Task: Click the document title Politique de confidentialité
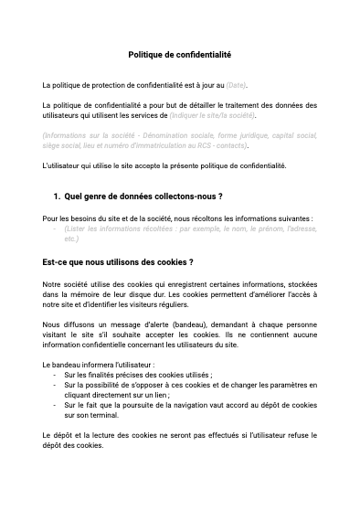[x=179, y=55]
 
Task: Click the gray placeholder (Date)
[x=236, y=85]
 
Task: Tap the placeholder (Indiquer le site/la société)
[x=213, y=116]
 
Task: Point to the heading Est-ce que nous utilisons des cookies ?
[x=118, y=262]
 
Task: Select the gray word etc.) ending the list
[x=71, y=239]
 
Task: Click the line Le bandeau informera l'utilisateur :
[x=98, y=364]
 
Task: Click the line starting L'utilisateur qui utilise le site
[x=164, y=165]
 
